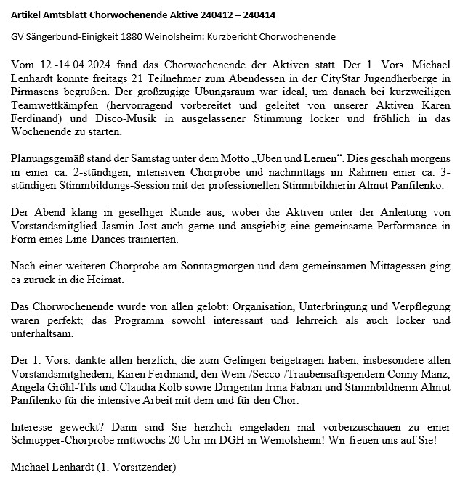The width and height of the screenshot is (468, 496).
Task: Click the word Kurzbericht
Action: pos(250,37)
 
